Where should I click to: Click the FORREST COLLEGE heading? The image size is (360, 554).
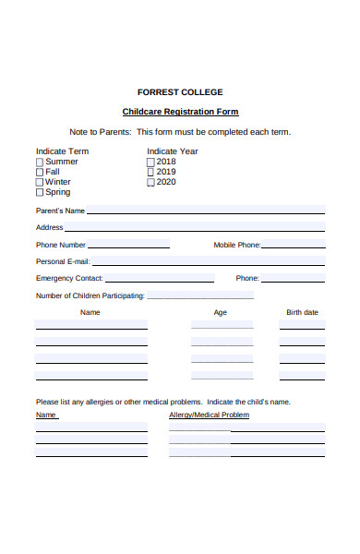click(180, 92)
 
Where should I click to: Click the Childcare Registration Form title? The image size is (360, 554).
click(180, 112)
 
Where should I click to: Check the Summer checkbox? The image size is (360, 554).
click(40, 162)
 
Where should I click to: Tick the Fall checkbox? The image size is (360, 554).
click(40, 172)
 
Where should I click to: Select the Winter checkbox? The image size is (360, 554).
click(40, 182)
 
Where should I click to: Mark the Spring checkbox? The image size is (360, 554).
click(40, 193)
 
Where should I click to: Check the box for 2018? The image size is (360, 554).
click(150, 162)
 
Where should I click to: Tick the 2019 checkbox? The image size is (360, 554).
click(150, 172)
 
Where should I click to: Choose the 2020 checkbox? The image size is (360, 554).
click(150, 182)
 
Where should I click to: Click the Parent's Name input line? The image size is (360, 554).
click(205, 211)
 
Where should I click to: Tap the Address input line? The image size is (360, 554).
click(194, 227)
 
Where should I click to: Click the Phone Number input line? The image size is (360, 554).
click(129, 245)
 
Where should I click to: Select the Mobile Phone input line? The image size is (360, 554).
click(294, 245)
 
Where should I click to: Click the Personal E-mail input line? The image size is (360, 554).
click(208, 261)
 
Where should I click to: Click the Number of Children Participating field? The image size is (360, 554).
click(200, 295)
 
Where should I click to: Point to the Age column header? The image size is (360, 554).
click(221, 313)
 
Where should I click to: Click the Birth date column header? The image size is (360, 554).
click(302, 313)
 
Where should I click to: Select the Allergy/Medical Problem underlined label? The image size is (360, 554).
click(210, 415)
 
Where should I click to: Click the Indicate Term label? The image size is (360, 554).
click(62, 151)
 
